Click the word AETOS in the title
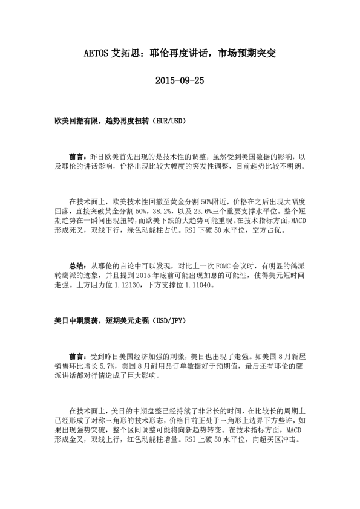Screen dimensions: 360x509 pos(96,53)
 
